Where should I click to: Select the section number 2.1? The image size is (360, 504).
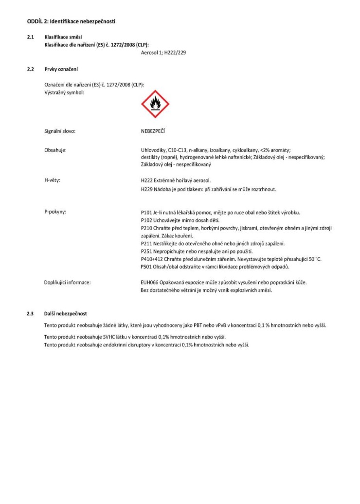click(x=30, y=37)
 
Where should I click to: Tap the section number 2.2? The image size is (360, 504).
click(x=30, y=69)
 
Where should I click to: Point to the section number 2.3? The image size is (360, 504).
click(x=30, y=313)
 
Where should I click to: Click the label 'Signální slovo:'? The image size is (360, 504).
click(x=59, y=131)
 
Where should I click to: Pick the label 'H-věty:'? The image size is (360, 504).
click(x=52, y=180)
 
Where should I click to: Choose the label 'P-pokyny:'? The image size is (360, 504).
click(x=55, y=212)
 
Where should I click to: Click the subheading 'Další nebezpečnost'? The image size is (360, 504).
click(x=66, y=313)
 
